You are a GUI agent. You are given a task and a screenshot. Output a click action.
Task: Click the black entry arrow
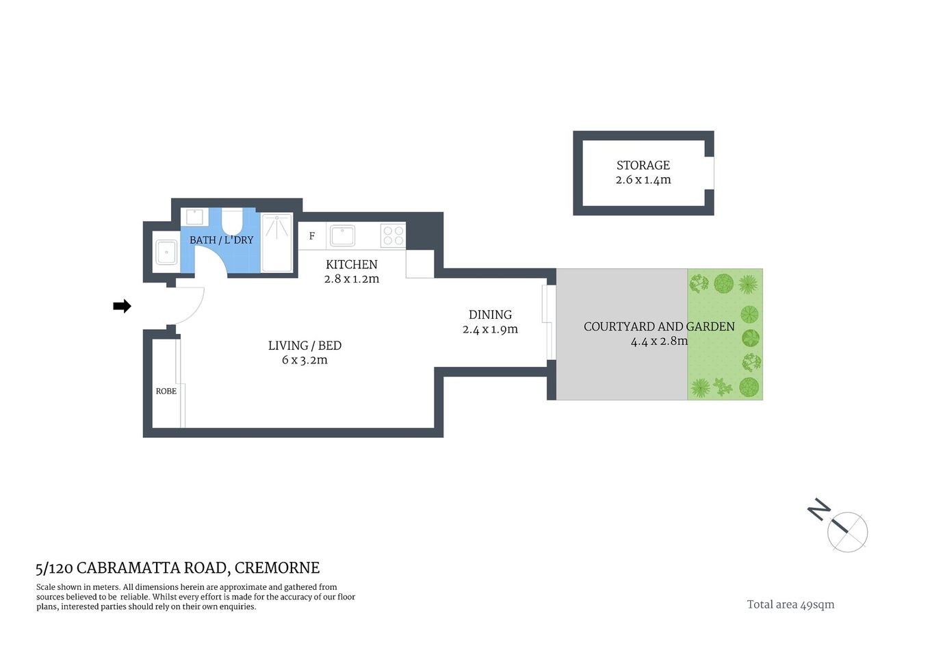point(122,306)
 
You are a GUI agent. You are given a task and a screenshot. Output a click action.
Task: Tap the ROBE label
point(166,391)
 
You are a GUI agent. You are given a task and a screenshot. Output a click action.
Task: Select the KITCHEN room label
point(351,264)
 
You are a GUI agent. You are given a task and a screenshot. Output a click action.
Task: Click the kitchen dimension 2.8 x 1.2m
point(351,279)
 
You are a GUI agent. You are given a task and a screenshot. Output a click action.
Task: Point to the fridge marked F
point(312,236)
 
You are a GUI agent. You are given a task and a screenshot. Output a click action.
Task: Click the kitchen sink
point(342,236)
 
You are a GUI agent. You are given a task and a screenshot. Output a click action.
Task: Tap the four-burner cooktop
point(393,236)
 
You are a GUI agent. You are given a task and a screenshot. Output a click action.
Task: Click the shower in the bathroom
point(277,243)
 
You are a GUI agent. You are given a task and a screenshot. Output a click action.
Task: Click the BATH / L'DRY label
point(221,240)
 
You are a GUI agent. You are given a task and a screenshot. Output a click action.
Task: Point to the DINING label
point(490,315)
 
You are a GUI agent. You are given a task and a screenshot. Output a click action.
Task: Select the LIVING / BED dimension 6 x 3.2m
point(305,360)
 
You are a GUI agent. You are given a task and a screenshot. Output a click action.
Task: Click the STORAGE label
point(643,166)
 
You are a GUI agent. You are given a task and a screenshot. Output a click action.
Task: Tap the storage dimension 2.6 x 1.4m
point(643,180)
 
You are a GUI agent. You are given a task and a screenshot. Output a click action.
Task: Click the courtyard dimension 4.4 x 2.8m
point(659,341)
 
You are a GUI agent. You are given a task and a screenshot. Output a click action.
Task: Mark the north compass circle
point(847,532)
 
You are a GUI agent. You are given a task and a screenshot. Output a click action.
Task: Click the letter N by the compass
point(818,509)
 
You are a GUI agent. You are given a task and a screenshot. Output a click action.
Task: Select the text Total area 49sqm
point(790,604)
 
